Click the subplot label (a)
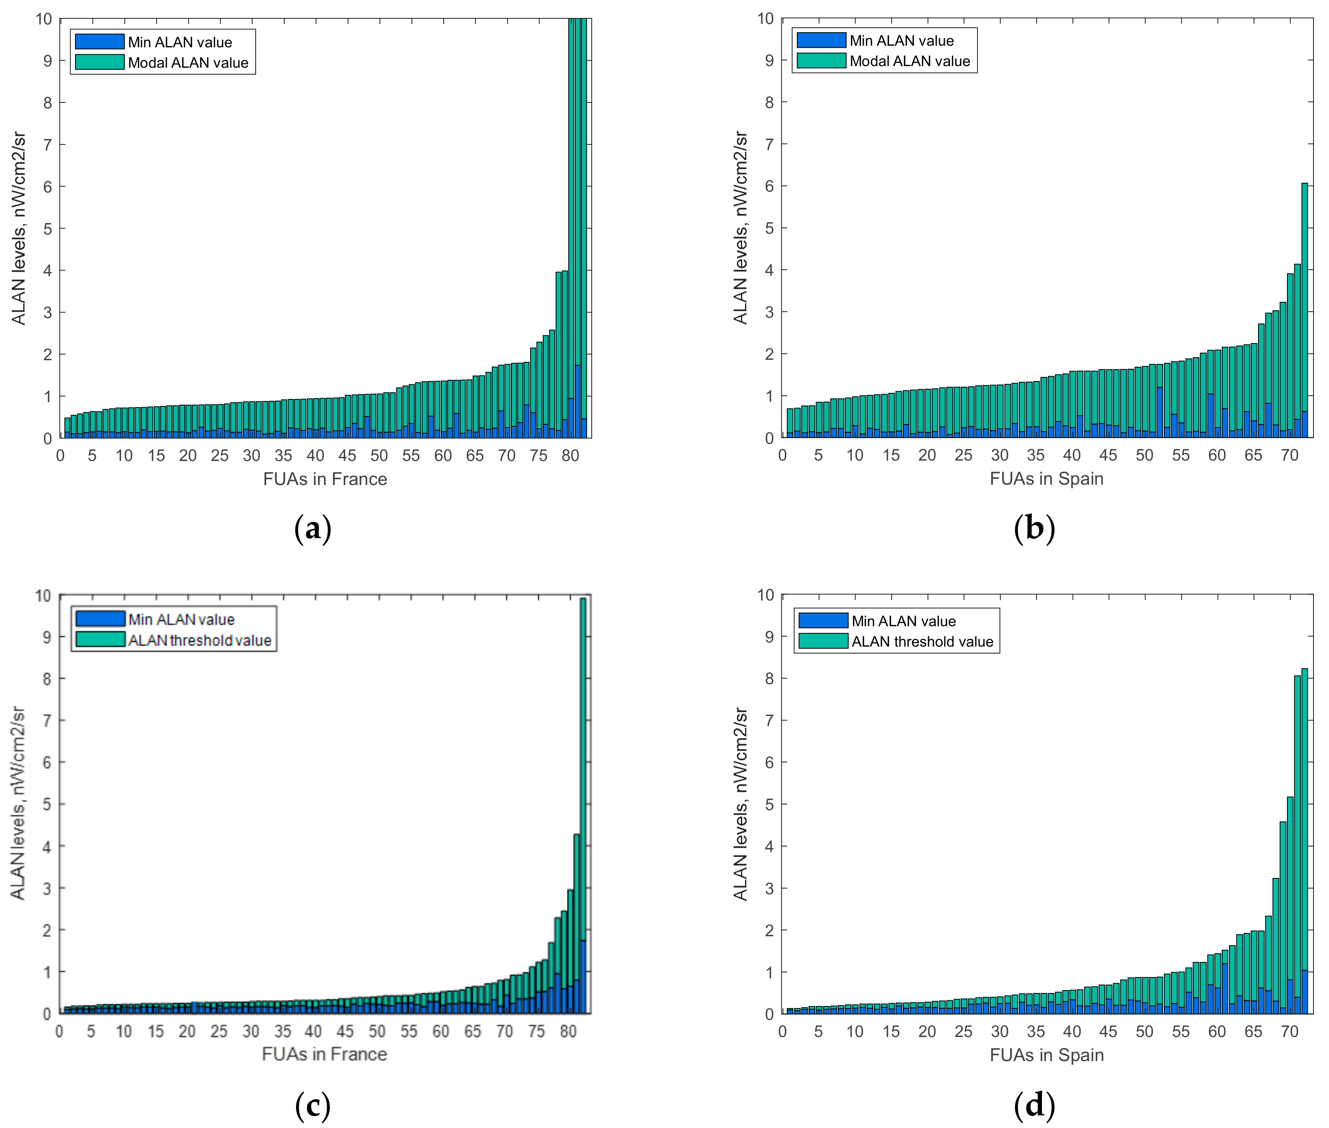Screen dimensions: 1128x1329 tap(313, 529)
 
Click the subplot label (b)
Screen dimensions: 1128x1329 tap(1034, 529)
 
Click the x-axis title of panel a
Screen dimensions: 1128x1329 tap(325, 479)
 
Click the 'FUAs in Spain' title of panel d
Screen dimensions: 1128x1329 tap(1046, 1055)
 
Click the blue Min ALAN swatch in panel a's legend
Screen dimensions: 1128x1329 tap(99, 42)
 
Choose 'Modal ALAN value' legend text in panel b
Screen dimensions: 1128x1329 tap(909, 61)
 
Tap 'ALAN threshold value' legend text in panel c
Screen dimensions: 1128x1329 tap(199, 640)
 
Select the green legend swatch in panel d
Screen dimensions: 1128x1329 tap(823, 641)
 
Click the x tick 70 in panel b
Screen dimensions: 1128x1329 tap(1289, 455)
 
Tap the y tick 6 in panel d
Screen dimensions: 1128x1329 tap(769, 762)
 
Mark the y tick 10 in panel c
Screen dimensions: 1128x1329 tap(43, 596)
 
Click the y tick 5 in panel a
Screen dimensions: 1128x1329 tap(47, 228)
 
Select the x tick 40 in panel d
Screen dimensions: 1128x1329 tap(1072, 1031)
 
